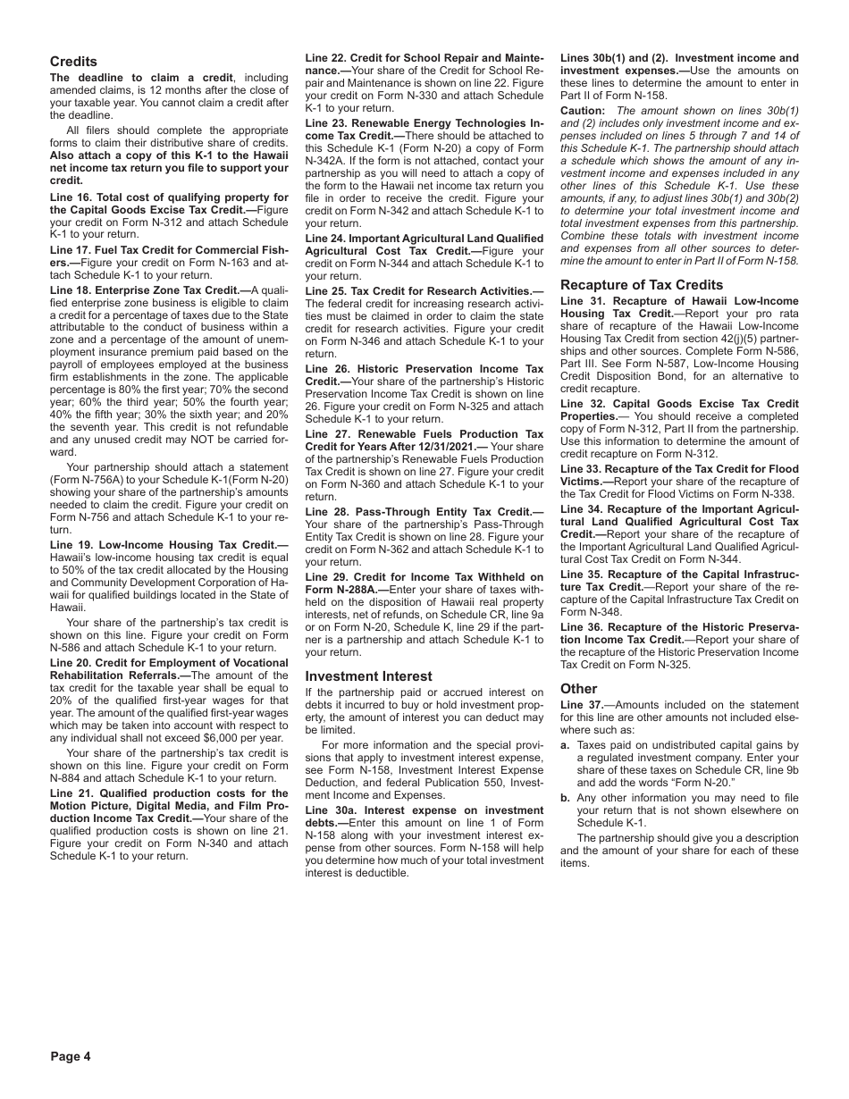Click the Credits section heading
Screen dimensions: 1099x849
[73, 62]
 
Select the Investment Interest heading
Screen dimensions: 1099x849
[368, 676]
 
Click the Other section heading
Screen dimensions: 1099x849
[578, 689]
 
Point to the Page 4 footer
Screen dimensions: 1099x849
[71, 1056]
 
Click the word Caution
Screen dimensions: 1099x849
[582, 111]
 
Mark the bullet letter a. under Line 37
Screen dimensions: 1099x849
[566, 745]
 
